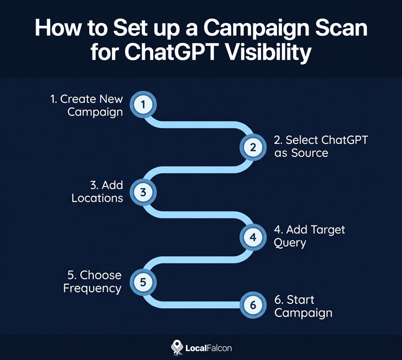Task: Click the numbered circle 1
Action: coord(143,104)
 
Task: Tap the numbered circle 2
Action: coord(253,147)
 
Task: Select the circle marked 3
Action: coord(143,191)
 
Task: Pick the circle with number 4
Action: coord(253,236)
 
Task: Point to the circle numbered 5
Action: coord(143,281)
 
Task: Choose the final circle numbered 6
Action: coord(253,305)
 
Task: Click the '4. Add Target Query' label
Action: coord(309,236)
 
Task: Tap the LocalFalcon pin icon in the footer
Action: coord(176,347)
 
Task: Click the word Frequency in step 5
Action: coord(92,288)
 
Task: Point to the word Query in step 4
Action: coord(290,243)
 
